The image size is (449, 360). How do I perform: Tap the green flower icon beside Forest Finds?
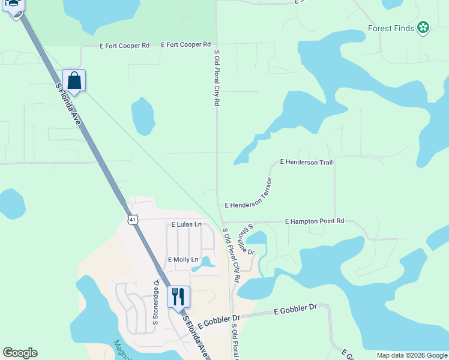point(423,27)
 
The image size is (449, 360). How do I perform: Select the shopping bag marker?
point(74,80)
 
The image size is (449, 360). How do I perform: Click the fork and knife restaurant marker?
point(178,296)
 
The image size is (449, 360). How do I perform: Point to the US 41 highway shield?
point(133,220)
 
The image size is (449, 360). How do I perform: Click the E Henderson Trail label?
point(306,162)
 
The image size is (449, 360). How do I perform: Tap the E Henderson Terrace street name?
point(249,193)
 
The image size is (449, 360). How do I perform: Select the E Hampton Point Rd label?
point(315,221)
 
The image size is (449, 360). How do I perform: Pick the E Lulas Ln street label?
point(186,224)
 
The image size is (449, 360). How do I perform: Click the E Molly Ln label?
point(183,259)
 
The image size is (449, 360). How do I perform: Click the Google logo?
point(20,353)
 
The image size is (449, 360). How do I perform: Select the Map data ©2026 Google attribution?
point(412,355)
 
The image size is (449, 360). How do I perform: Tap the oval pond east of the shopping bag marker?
point(142,116)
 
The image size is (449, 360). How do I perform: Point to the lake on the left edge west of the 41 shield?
point(11,204)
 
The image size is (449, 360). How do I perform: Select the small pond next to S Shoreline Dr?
point(257,238)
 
